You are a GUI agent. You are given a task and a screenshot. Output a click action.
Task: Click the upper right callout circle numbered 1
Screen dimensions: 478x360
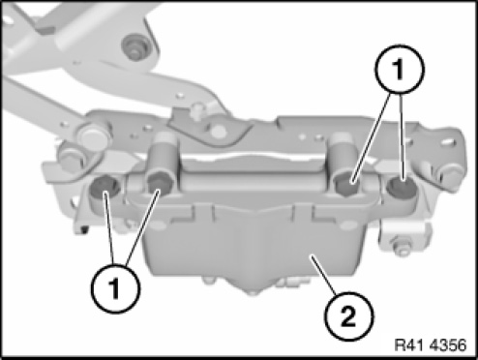(x=400, y=70)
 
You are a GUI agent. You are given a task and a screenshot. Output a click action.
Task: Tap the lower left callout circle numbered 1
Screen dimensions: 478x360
(x=115, y=288)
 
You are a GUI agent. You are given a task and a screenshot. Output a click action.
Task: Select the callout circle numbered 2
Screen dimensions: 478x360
(x=349, y=315)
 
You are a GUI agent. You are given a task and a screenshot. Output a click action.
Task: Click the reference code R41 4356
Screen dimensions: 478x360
(x=431, y=345)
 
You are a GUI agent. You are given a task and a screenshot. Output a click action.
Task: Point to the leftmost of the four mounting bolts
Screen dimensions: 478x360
(x=104, y=189)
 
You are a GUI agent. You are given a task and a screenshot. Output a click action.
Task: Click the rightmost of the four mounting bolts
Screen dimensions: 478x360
(x=402, y=189)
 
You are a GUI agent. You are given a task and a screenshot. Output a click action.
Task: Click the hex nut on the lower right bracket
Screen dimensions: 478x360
(x=401, y=244)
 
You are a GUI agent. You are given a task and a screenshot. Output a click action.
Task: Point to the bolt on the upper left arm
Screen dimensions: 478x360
(x=136, y=46)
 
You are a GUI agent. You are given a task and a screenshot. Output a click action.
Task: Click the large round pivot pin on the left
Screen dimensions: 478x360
(x=93, y=136)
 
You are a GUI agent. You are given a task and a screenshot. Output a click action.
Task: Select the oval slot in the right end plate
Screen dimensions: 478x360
(x=448, y=141)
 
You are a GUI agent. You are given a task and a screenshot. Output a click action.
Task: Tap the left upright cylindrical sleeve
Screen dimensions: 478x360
(x=164, y=155)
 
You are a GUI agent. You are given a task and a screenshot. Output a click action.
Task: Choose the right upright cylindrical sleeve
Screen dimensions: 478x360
(x=343, y=155)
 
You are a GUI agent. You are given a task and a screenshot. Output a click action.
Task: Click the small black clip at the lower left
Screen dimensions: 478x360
(x=84, y=229)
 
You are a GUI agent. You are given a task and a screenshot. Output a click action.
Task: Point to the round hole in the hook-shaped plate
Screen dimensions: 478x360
(x=219, y=131)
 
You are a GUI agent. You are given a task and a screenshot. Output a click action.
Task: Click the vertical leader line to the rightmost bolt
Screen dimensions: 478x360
(x=402, y=137)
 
